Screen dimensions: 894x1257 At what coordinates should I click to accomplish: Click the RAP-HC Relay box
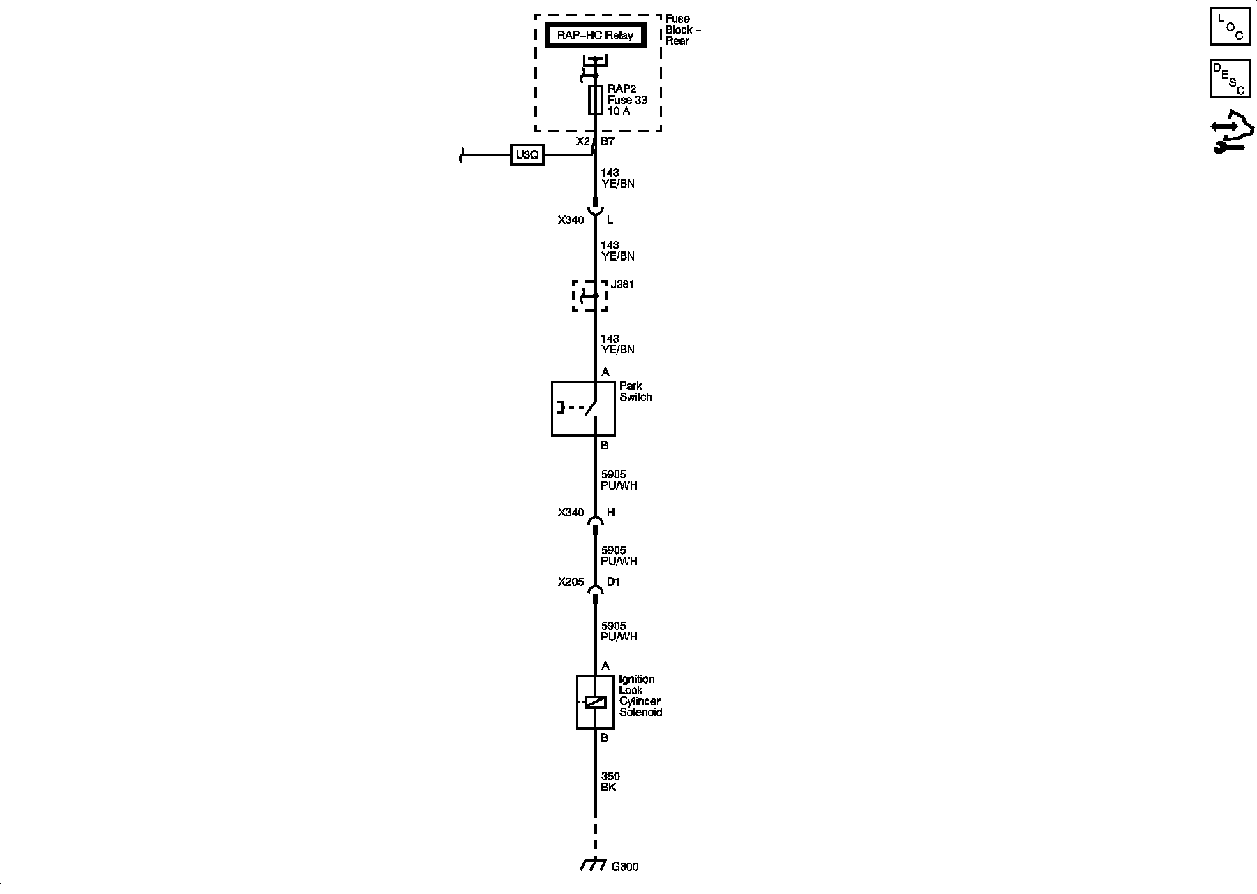[x=595, y=35]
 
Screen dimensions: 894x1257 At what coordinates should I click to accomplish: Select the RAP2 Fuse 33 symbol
[x=596, y=100]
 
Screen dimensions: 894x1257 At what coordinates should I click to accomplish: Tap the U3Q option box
[x=527, y=155]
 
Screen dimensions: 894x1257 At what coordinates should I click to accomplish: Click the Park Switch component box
[x=583, y=409]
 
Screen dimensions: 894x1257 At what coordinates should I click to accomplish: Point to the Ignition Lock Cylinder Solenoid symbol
[x=595, y=702]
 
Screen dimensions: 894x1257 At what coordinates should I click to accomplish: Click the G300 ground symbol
[x=593, y=865]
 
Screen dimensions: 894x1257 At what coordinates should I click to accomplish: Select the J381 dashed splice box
[x=590, y=295]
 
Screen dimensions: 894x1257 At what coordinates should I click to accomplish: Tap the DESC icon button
[x=1230, y=78]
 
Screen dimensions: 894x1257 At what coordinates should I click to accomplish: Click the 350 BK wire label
[x=610, y=782]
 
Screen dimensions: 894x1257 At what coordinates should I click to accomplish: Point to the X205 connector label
[x=570, y=582]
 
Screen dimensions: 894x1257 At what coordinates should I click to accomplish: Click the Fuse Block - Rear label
[x=682, y=29]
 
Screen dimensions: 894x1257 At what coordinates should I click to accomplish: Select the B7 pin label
[x=608, y=141]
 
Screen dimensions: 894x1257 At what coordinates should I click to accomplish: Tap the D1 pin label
[x=613, y=582]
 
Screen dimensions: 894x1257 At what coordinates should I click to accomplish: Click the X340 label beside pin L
[x=571, y=220]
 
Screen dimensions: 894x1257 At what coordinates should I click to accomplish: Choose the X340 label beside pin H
[x=571, y=513]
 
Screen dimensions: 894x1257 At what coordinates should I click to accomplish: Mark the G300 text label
[x=625, y=867]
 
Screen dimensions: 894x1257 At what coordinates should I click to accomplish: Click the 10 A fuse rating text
[x=619, y=111]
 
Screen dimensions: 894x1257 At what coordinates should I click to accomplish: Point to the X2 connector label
[x=582, y=141]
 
